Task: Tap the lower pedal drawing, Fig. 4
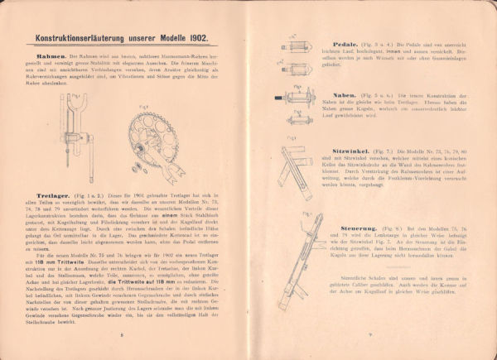[x=296, y=65]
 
